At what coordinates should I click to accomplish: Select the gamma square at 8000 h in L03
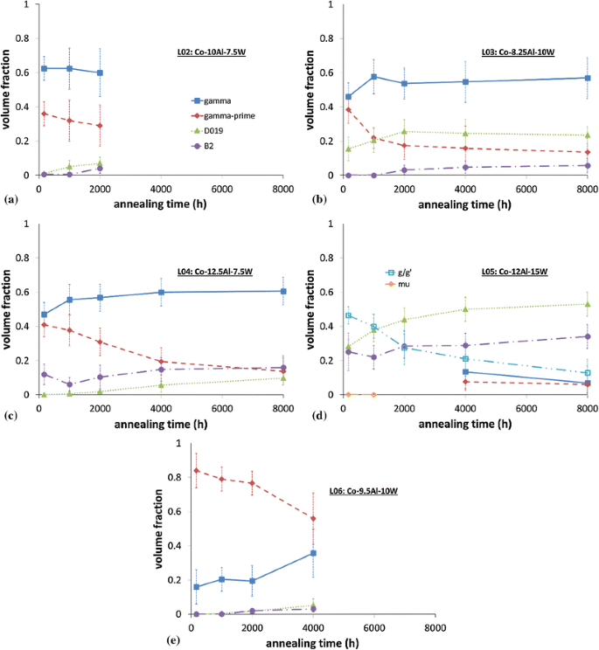588,78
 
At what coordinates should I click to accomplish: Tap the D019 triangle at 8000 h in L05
588,304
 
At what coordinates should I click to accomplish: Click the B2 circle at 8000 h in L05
588,336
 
